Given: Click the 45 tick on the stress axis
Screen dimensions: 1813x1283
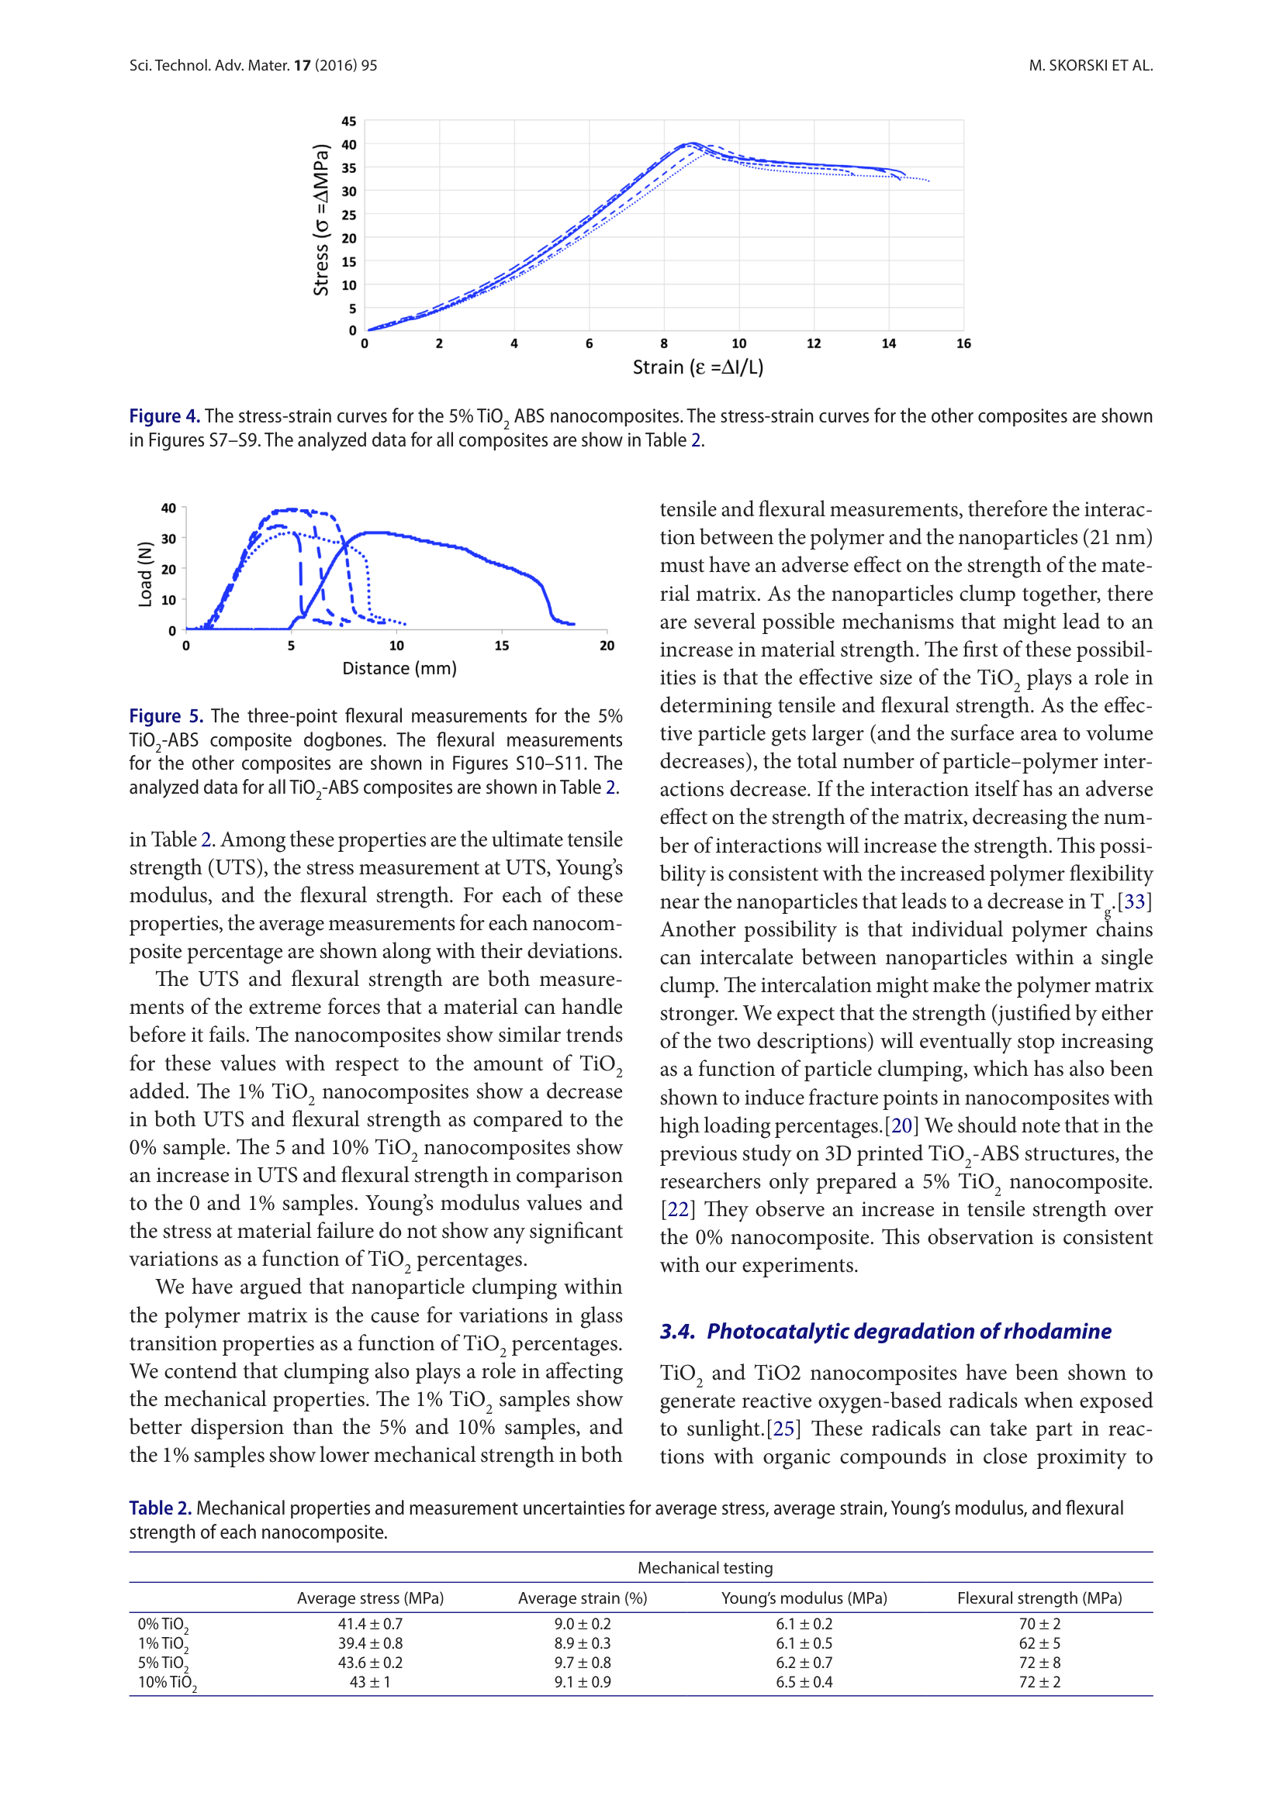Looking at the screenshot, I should click(348, 122).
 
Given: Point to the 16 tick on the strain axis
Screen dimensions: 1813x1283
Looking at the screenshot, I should click(963, 343).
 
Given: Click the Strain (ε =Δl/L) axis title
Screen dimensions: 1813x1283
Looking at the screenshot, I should click(697, 367).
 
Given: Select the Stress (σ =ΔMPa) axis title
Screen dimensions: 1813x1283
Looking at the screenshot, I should click(321, 220).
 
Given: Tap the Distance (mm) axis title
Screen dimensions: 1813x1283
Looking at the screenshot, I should click(399, 669).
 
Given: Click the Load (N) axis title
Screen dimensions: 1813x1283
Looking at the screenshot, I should click(144, 575).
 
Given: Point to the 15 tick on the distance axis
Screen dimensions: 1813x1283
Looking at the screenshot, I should click(502, 646).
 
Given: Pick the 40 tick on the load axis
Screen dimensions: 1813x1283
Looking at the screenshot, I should click(168, 508).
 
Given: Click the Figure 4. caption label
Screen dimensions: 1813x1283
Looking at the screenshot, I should click(164, 416).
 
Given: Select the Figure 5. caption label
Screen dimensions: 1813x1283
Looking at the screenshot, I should click(166, 716).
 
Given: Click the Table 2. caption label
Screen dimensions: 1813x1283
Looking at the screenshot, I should click(161, 1508).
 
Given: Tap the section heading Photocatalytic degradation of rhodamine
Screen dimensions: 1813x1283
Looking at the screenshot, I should click(908, 1332).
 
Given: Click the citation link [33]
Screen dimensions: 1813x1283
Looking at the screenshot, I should click(1135, 901).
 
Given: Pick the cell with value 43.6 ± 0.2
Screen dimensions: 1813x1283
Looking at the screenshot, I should click(370, 1662).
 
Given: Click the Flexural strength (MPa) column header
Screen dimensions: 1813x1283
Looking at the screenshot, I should click(1039, 1598).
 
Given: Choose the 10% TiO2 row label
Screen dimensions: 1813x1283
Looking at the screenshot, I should click(167, 1682).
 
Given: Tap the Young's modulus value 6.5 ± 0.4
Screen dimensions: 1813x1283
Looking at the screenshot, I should click(804, 1682).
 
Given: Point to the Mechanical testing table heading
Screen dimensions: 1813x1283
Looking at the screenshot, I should click(704, 1568).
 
